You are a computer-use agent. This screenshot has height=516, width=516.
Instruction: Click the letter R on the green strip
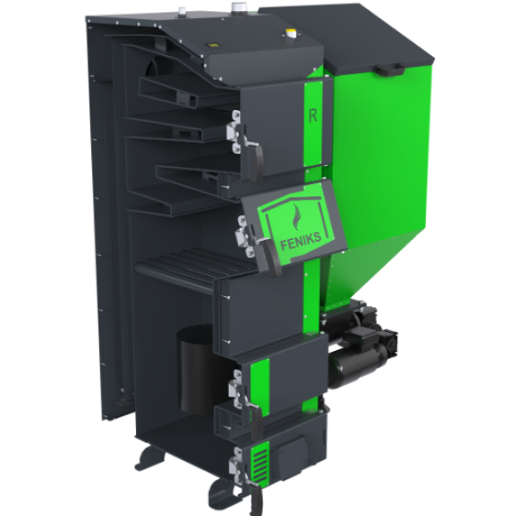313,115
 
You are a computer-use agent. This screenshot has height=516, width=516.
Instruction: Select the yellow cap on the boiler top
292,34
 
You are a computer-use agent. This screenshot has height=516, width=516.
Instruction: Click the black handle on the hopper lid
390,70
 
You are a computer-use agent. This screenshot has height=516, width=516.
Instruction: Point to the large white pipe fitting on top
237,7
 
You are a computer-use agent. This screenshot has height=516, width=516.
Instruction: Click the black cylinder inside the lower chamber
196,370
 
